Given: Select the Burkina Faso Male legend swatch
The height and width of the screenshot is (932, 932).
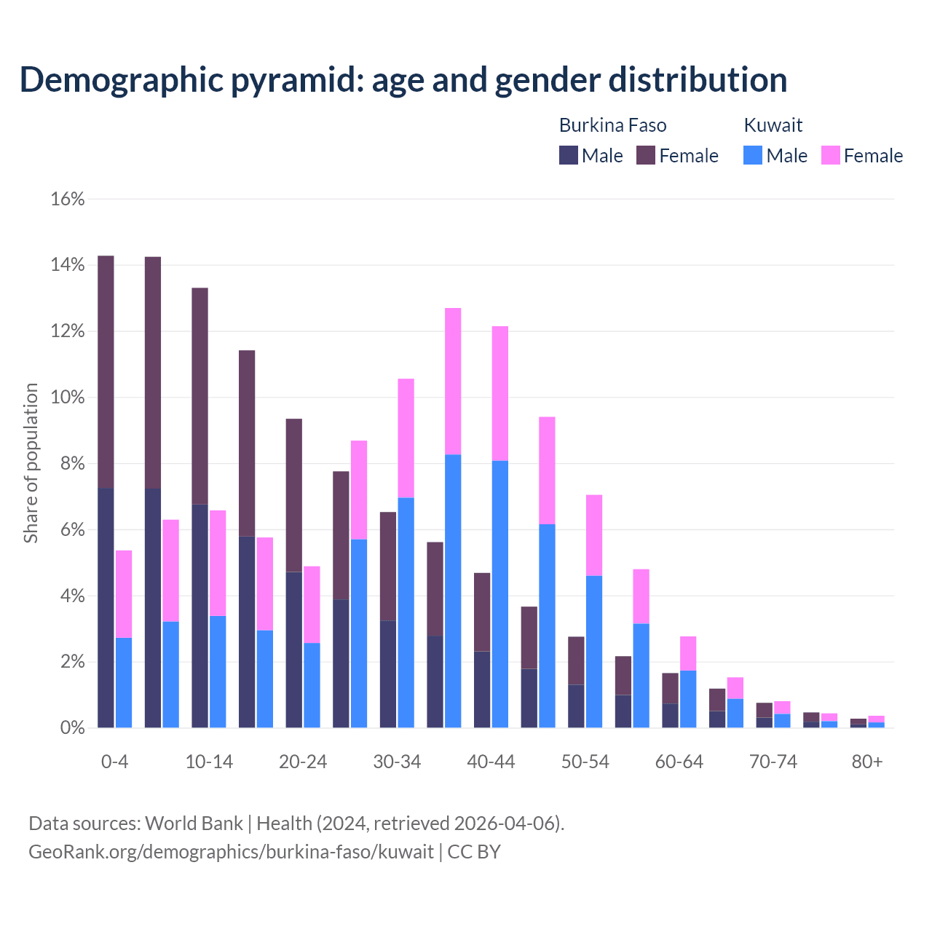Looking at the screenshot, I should point(568,155).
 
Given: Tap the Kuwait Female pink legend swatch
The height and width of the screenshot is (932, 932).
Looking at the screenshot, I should point(830,155).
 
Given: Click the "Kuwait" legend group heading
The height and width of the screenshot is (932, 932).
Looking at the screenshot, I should point(773,125).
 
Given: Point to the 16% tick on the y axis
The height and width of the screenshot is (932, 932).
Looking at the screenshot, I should point(68,199).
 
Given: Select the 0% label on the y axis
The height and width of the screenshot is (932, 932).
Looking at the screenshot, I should point(71,728).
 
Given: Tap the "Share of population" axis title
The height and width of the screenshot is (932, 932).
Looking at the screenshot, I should point(31,463).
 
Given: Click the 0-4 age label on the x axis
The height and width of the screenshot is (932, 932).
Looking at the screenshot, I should point(114,762).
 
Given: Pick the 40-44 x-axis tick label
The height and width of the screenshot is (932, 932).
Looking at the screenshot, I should point(491,762).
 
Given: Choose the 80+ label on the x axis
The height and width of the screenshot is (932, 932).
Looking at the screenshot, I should point(867,762).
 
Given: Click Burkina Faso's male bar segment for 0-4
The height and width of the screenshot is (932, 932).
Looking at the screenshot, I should point(106,608).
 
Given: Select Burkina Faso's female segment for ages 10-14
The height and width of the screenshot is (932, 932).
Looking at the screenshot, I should point(200,396).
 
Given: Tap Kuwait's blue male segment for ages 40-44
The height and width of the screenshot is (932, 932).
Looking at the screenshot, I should point(500,594).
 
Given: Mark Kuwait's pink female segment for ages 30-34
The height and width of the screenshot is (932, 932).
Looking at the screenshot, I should point(406,438).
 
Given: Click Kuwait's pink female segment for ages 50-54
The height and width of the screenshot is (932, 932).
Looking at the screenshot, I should point(594,535).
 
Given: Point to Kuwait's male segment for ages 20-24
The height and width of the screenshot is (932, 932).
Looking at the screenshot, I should point(312,685).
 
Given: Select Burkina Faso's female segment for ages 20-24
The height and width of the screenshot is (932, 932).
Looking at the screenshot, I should point(293,495).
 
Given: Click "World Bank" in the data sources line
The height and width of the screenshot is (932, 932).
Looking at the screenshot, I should point(194,824).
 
